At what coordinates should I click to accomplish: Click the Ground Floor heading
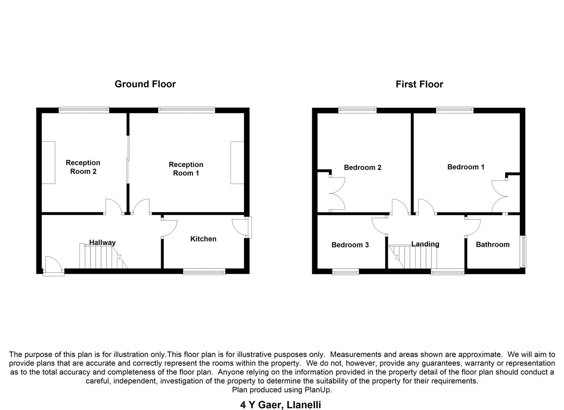pos(145,84)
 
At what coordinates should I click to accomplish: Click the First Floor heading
pos(419,84)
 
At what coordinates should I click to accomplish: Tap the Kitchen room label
pos(203,239)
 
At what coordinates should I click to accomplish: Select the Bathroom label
pos(493,244)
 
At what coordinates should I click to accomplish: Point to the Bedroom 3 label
pos(350,245)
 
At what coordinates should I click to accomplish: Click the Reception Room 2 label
pos(83,167)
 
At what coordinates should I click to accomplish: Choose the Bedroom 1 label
pos(466,167)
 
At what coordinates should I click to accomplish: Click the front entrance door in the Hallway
pos(53,265)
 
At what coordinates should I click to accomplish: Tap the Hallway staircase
pos(101,257)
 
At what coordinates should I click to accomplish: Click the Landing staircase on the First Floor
pos(414,257)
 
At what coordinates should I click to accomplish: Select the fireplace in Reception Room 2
pos(48,162)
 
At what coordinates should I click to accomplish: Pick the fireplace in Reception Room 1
pos(237,162)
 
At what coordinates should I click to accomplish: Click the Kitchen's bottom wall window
pos(204,271)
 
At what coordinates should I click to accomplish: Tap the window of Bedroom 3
pos(345,271)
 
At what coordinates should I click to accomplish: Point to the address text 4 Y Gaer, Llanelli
pos(281,405)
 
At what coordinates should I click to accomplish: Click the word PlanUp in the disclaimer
pos(318,390)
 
